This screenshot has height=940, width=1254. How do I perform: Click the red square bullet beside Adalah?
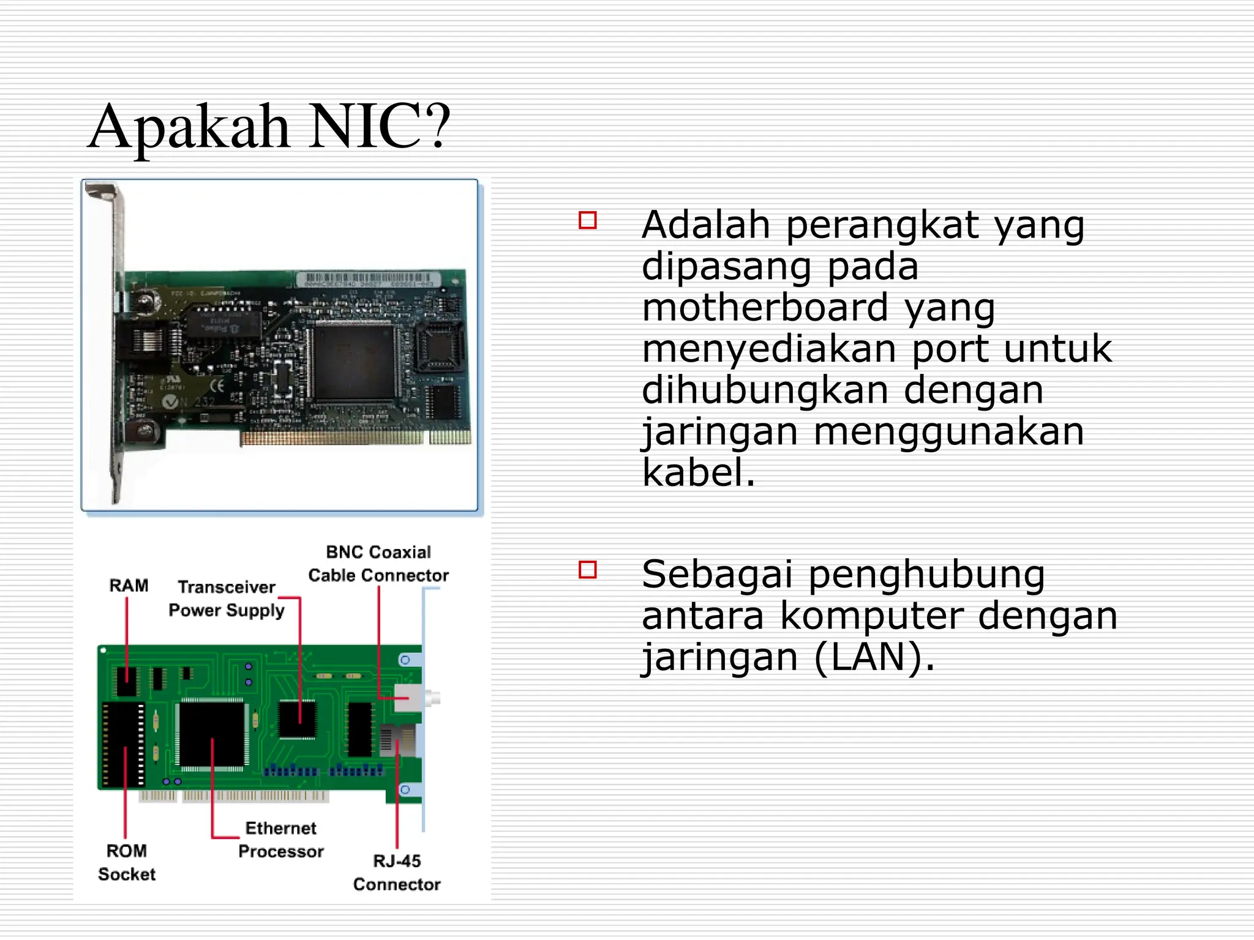(587, 220)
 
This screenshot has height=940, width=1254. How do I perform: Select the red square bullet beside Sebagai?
(587, 570)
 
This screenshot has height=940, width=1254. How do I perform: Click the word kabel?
(697, 472)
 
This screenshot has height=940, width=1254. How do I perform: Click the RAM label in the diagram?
(129, 586)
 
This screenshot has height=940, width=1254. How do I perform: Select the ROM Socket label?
(127, 862)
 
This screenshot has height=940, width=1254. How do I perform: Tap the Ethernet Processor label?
(281, 840)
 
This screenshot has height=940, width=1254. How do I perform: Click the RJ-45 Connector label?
(397, 873)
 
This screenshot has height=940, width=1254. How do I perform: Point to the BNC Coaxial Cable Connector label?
(378, 564)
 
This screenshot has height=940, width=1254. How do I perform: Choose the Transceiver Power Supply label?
(227, 599)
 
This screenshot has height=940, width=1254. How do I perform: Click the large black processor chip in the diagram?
(211, 734)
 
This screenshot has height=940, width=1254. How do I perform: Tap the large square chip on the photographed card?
(354, 362)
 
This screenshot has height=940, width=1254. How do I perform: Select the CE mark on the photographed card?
(217, 386)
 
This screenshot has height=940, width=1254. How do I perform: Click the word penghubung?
(926, 575)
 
